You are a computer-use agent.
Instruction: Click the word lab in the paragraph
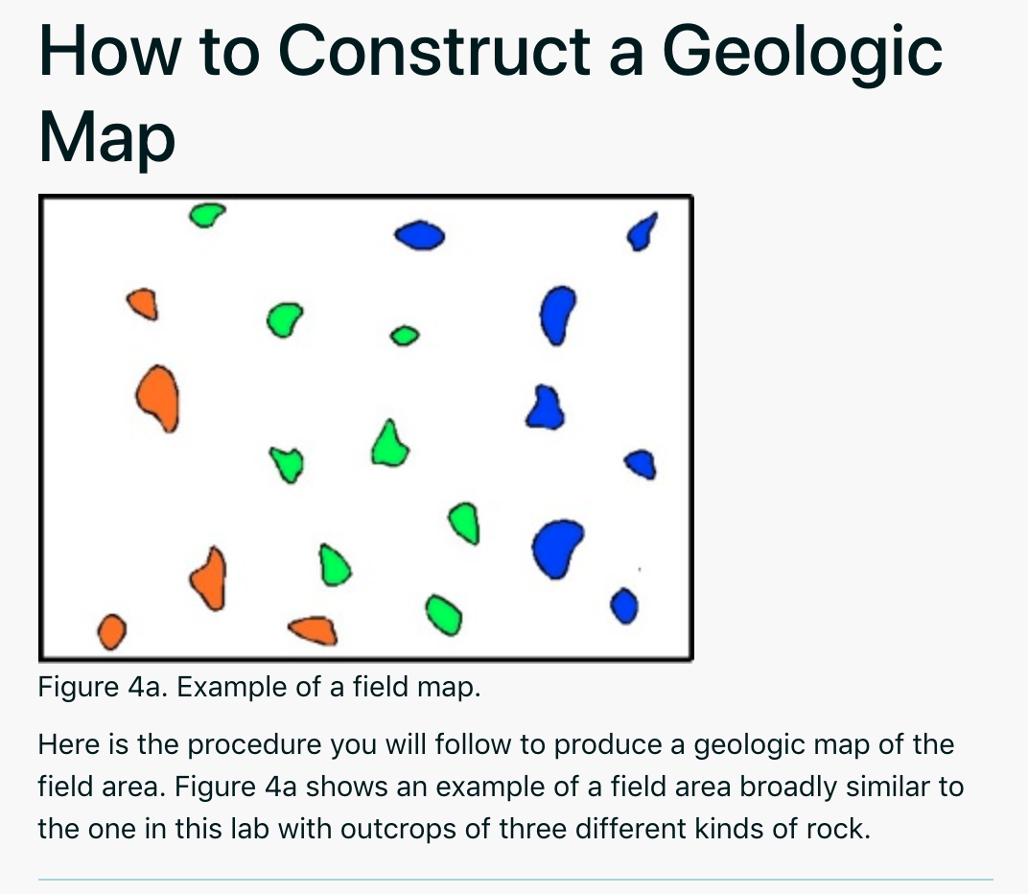click(x=246, y=827)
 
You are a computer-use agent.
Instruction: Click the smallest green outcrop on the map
click(x=405, y=335)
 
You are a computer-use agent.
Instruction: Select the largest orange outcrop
click(x=157, y=396)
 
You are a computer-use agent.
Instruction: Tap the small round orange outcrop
click(x=112, y=631)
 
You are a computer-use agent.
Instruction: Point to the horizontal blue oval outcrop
click(x=420, y=234)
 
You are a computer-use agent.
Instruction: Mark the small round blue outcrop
click(x=624, y=606)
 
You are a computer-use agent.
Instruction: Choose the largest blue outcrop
click(x=558, y=548)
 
